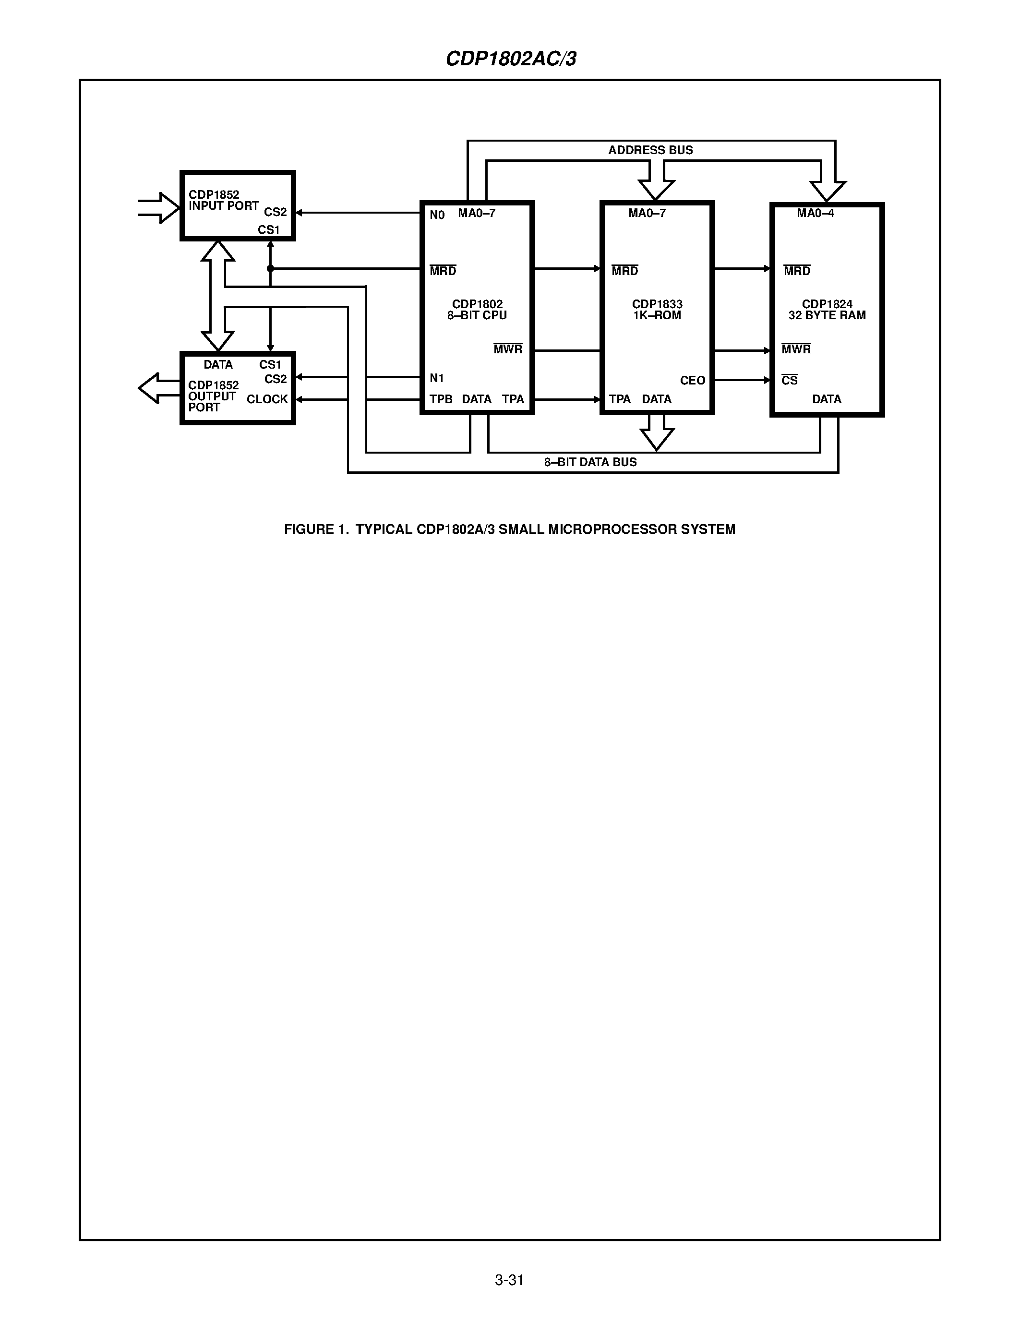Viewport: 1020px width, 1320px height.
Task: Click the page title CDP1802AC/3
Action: pos(511,59)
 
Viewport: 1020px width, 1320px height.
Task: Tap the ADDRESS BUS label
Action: pos(650,150)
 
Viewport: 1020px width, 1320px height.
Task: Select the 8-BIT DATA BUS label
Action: pos(590,462)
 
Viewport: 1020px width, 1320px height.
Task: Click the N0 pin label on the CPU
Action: pos(437,215)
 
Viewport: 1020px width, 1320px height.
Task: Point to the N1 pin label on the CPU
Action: pos(437,378)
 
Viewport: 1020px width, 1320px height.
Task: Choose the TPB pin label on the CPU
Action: pos(441,399)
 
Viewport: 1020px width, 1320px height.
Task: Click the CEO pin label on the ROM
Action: pos(693,380)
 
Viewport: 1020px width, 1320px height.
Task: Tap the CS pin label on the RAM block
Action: pos(789,380)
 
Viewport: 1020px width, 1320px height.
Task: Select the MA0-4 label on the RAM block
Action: pos(815,213)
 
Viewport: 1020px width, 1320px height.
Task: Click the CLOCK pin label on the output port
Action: pos(267,399)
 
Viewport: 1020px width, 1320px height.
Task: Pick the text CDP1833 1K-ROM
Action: pos(657,310)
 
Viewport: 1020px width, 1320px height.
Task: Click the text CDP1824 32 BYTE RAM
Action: pos(827,310)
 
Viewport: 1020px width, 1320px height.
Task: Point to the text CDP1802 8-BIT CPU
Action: pos(477,310)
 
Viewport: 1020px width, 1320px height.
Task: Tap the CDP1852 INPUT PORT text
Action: pos(223,200)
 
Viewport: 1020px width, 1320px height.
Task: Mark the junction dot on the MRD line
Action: pos(270,268)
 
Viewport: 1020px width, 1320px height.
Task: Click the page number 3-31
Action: pos(509,1280)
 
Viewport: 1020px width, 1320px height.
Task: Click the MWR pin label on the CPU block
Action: pos(507,349)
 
